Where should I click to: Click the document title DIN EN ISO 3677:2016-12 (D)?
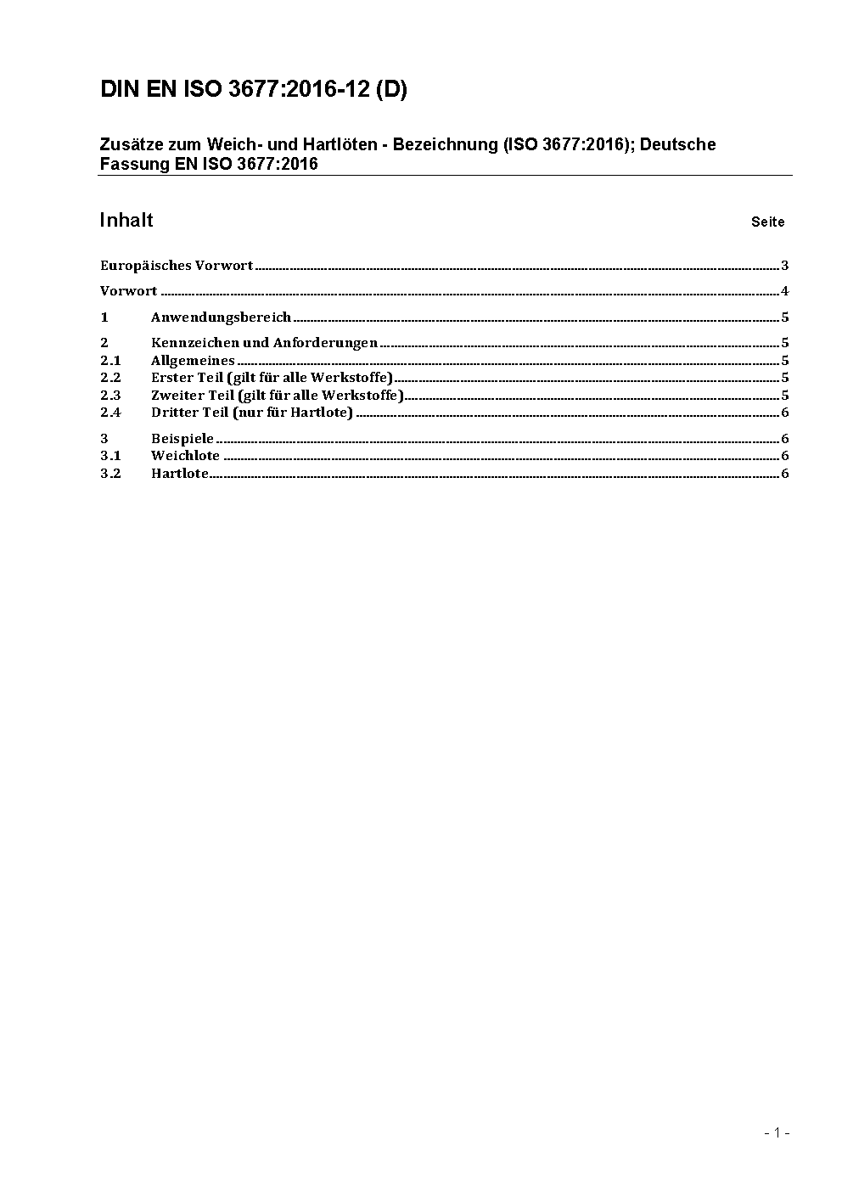pyautogui.click(x=253, y=90)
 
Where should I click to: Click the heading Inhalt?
pyautogui.click(x=126, y=221)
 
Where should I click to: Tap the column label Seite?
pyautogui.click(x=767, y=222)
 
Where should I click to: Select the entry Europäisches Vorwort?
pyautogui.click(x=177, y=266)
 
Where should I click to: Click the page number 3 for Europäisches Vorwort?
pyautogui.click(x=785, y=266)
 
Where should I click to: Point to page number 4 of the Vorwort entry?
pyautogui.click(x=785, y=291)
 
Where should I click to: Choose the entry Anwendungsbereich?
pyautogui.click(x=221, y=317)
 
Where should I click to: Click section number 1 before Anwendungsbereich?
pyautogui.click(x=104, y=317)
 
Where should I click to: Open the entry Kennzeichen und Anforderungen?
pyautogui.click(x=264, y=343)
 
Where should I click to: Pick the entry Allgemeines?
pyautogui.click(x=193, y=361)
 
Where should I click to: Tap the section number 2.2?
pyautogui.click(x=110, y=378)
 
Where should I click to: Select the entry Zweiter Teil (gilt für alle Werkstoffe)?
pyautogui.click(x=277, y=396)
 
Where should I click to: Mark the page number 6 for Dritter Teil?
pyautogui.click(x=785, y=413)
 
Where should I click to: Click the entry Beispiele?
pyautogui.click(x=182, y=439)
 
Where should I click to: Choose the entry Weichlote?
pyautogui.click(x=185, y=456)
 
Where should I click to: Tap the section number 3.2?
pyautogui.click(x=110, y=474)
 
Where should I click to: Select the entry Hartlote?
pyautogui.click(x=180, y=474)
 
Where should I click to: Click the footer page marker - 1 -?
pyautogui.click(x=777, y=1132)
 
